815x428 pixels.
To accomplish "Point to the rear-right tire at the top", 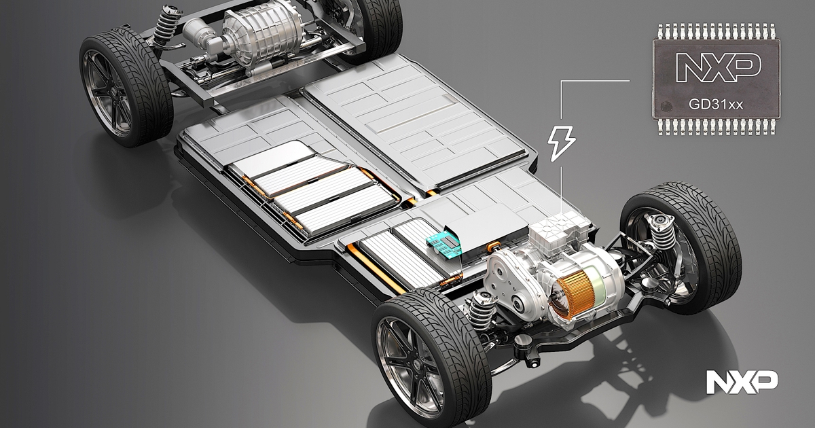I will click(357, 27).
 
